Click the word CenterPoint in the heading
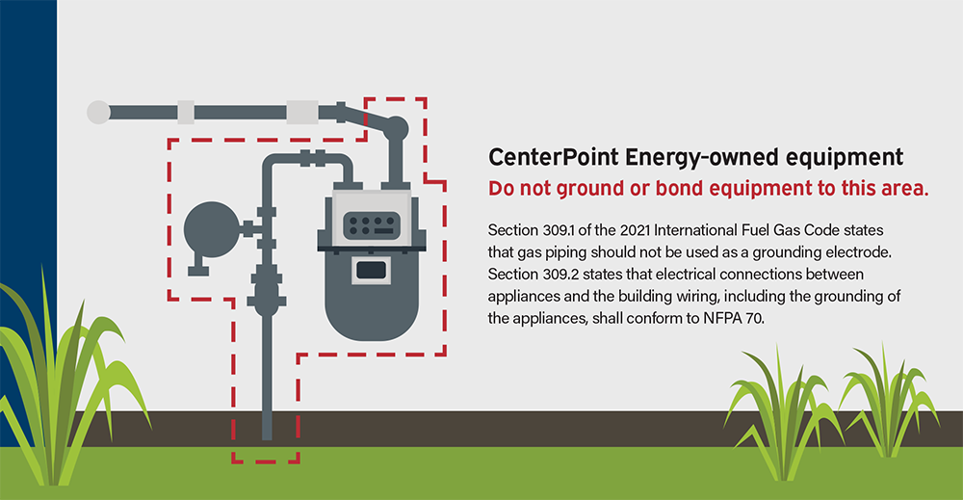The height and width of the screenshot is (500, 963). tap(554, 157)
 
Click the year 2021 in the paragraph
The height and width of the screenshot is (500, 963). tap(635, 230)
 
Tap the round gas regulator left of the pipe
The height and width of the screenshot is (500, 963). tap(211, 230)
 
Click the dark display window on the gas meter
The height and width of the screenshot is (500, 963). tap(372, 271)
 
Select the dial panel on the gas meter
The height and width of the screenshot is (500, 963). tap(372, 225)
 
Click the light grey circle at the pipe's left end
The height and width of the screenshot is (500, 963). tap(98, 113)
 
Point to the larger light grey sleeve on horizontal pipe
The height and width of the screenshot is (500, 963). tap(302, 113)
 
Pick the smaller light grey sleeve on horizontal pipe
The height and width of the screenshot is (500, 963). tap(186, 113)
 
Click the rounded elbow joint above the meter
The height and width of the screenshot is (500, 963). tap(396, 128)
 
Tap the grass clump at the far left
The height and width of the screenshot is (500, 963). tap(59, 381)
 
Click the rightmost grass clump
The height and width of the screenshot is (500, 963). tap(889, 403)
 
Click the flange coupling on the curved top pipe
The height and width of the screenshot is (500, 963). tap(313, 158)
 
